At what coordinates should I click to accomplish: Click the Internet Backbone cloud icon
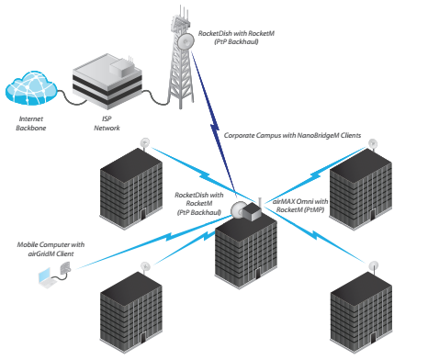[31, 88]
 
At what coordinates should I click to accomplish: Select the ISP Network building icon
[107, 81]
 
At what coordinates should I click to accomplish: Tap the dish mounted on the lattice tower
[186, 40]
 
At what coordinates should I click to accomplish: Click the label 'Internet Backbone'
[31, 123]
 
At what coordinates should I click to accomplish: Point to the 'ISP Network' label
[107, 123]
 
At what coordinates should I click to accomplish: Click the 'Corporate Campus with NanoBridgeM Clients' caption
[292, 135]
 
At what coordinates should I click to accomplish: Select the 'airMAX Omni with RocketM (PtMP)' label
[300, 206]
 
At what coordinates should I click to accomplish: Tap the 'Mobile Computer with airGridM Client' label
[51, 249]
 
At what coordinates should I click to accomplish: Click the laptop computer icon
[47, 277]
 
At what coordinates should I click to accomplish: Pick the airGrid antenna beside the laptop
[65, 268]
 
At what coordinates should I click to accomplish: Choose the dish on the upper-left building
[145, 142]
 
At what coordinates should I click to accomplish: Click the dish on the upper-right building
[373, 143]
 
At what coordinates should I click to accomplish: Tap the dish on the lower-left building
[145, 266]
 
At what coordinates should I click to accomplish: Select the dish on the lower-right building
[374, 265]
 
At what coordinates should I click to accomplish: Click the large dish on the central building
[238, 210]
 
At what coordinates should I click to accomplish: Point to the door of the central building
[258, 273]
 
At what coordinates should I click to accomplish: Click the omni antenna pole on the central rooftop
[260, 202]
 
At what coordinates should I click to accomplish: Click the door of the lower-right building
[373, 338]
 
